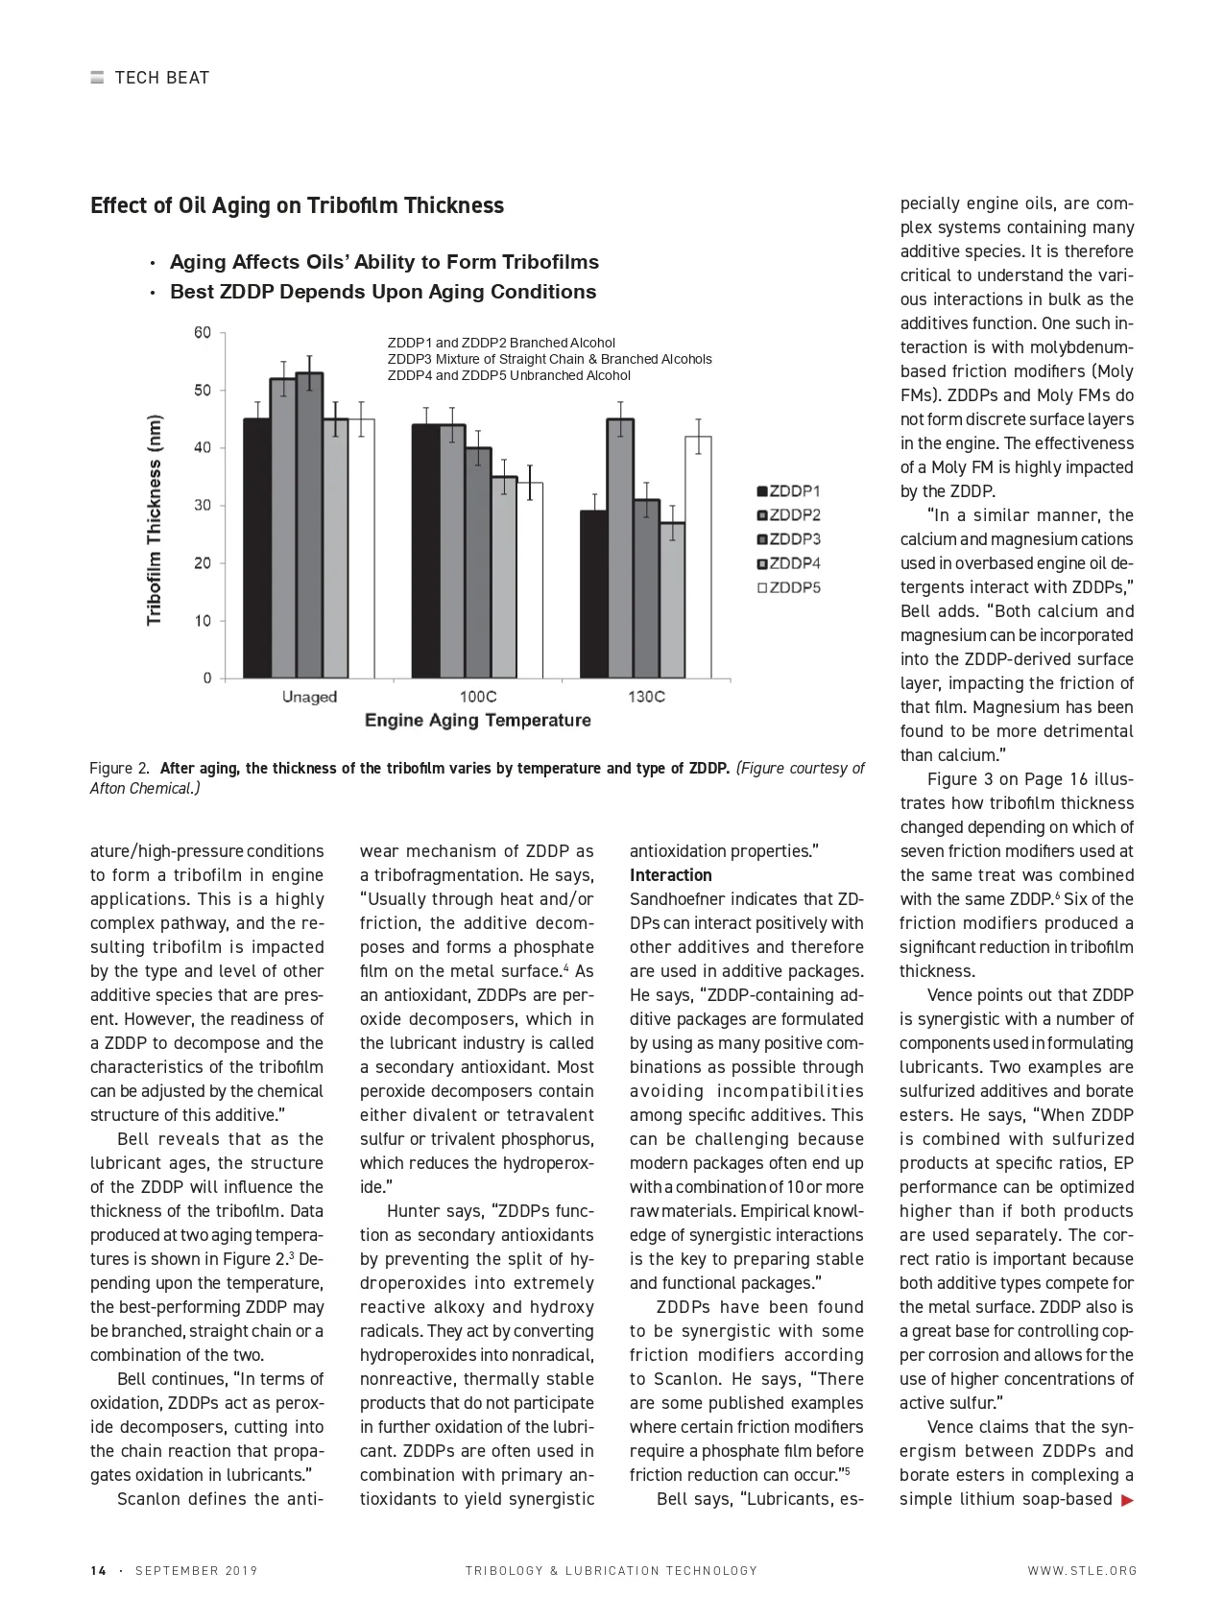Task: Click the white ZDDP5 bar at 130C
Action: coord(698,557)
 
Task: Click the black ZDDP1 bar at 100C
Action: coord(425,551)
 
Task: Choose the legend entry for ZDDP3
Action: coord(788,539)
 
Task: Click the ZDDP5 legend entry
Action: coord(788,587)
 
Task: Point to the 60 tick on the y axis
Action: coord(203,333)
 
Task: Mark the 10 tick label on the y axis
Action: coord(203,621)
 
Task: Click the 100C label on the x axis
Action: coord(478,697)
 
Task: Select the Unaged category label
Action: coord(309,697)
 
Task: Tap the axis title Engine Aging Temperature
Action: coord(477,721)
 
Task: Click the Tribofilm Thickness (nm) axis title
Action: coord(155,519)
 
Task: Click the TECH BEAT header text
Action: coord(161,78)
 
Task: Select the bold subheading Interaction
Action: coord(670,875)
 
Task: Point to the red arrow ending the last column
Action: coord(1127,1500)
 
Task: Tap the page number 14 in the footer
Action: coord(98,1571)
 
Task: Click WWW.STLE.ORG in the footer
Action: coord(1082,1571)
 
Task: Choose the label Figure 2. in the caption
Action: coord(119,768)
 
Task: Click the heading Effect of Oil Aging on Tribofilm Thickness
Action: coord(297,205)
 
